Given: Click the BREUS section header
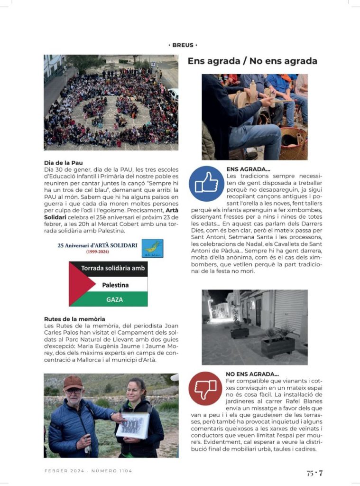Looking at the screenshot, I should click(183, 45).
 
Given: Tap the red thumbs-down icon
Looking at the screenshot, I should click(205, 388).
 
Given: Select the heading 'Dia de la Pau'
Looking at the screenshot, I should click(63, 163).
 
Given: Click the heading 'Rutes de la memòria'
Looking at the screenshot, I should click(74, 319).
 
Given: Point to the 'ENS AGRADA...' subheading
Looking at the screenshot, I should click(249, 168).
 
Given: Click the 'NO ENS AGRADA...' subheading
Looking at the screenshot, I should click(252, 374).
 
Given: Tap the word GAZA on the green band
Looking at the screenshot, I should click(115, 299).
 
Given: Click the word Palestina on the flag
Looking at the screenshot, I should click(115, 285).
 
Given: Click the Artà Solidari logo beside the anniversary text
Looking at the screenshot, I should click(152, 248).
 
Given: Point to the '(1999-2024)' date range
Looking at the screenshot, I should click(97, 252).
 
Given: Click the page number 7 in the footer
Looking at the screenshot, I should click(321, 473).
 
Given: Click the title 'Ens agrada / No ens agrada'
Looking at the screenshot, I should click(252, 61).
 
